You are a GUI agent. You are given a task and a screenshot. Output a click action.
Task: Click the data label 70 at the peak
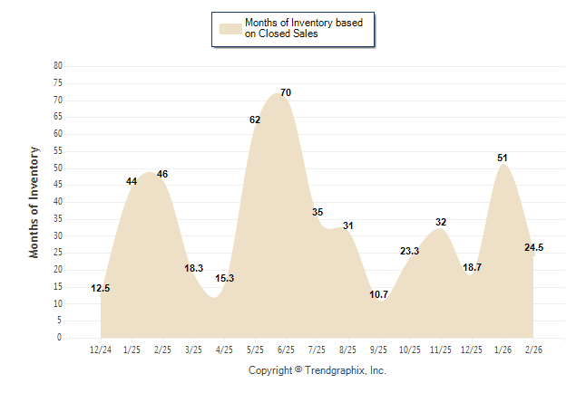(286, 93)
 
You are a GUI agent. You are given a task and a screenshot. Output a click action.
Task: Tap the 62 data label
(255, 120)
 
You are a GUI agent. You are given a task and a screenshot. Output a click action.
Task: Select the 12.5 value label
(101, 289)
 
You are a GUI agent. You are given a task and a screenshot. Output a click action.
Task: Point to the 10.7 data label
(378, 295)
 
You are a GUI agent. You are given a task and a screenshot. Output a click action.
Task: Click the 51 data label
(502, 158)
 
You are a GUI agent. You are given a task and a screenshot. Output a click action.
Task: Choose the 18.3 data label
(193, 270)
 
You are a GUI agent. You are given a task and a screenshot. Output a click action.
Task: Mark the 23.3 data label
(409, 252)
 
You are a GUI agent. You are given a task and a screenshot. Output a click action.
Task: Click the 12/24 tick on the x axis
(101, 350)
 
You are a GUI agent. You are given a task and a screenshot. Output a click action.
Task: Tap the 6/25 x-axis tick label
(286, 350)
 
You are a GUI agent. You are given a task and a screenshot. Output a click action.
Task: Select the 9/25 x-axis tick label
(378, 350)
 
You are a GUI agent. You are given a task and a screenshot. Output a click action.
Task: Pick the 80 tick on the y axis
(58, 66)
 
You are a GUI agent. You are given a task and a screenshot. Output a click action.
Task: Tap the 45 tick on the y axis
(58, 185)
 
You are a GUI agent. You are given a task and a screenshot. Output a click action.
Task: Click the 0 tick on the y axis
(60, 338)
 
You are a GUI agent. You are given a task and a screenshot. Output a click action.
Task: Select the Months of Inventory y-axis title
(34, 202)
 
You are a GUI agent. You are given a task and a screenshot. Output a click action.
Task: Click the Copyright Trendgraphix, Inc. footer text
(317, 371)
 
